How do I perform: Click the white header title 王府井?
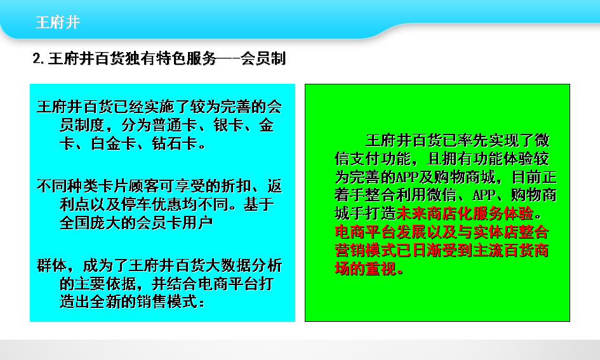(x=58, y=22)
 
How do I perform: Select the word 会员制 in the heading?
(x=263, y=58)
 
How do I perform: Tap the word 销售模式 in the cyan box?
(x=167, y=302)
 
